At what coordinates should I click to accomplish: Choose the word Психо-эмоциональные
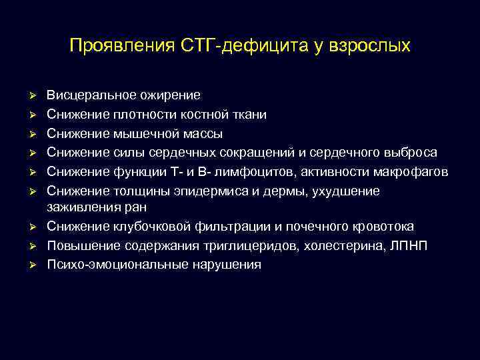109,265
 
